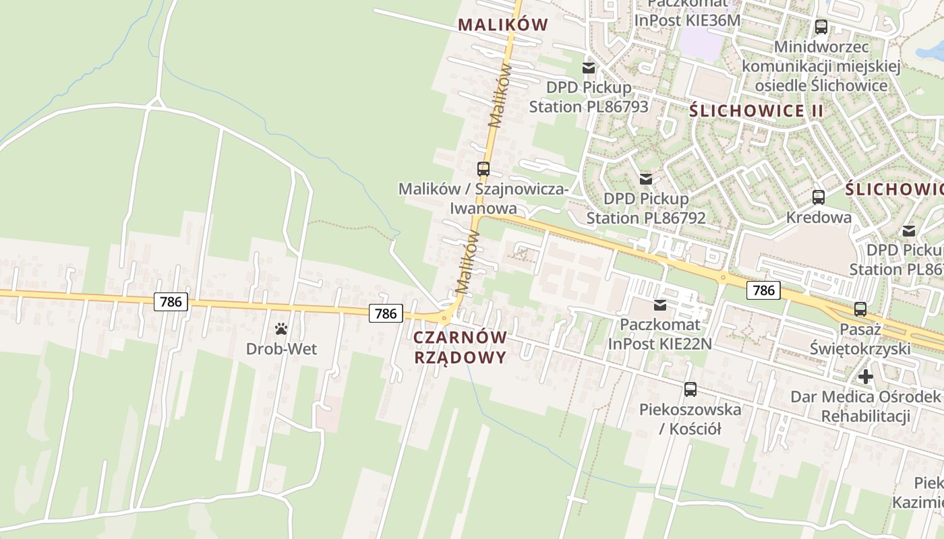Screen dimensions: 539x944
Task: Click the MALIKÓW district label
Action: [x=503, y=25]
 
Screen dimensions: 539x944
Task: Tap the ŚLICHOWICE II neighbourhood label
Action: [x=747, y=111]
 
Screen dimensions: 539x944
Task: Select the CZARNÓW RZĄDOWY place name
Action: [x=460, y=347]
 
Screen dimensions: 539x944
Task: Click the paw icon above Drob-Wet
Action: [x=281, y=329]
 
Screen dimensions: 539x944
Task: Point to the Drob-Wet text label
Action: [x=281, y=349]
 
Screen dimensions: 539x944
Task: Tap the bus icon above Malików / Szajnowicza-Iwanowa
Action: [x=483, y=168]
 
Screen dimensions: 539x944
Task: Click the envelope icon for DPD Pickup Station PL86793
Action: [x=589, y=68]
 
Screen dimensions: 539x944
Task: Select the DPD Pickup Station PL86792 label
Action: [x=646, y=208]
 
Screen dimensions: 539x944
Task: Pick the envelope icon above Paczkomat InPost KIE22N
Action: [x=659, y=305]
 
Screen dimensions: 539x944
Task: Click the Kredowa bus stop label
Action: [x=819, y=218]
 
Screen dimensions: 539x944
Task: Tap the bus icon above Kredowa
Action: [x=819, y=197]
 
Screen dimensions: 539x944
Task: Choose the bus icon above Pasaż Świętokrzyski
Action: [x=860, y=309]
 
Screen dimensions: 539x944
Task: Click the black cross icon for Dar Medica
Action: [x=866, y=376]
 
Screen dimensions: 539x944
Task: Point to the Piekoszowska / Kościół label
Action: [x=690, y=418]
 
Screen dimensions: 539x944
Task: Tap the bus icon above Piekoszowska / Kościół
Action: [x=690, y=389]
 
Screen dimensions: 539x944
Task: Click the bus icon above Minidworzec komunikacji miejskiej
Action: [x=821, y=27]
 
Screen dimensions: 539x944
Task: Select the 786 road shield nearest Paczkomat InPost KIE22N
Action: [x=763, y=290]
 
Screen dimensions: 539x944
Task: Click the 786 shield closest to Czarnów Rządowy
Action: [x=386, y=313]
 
